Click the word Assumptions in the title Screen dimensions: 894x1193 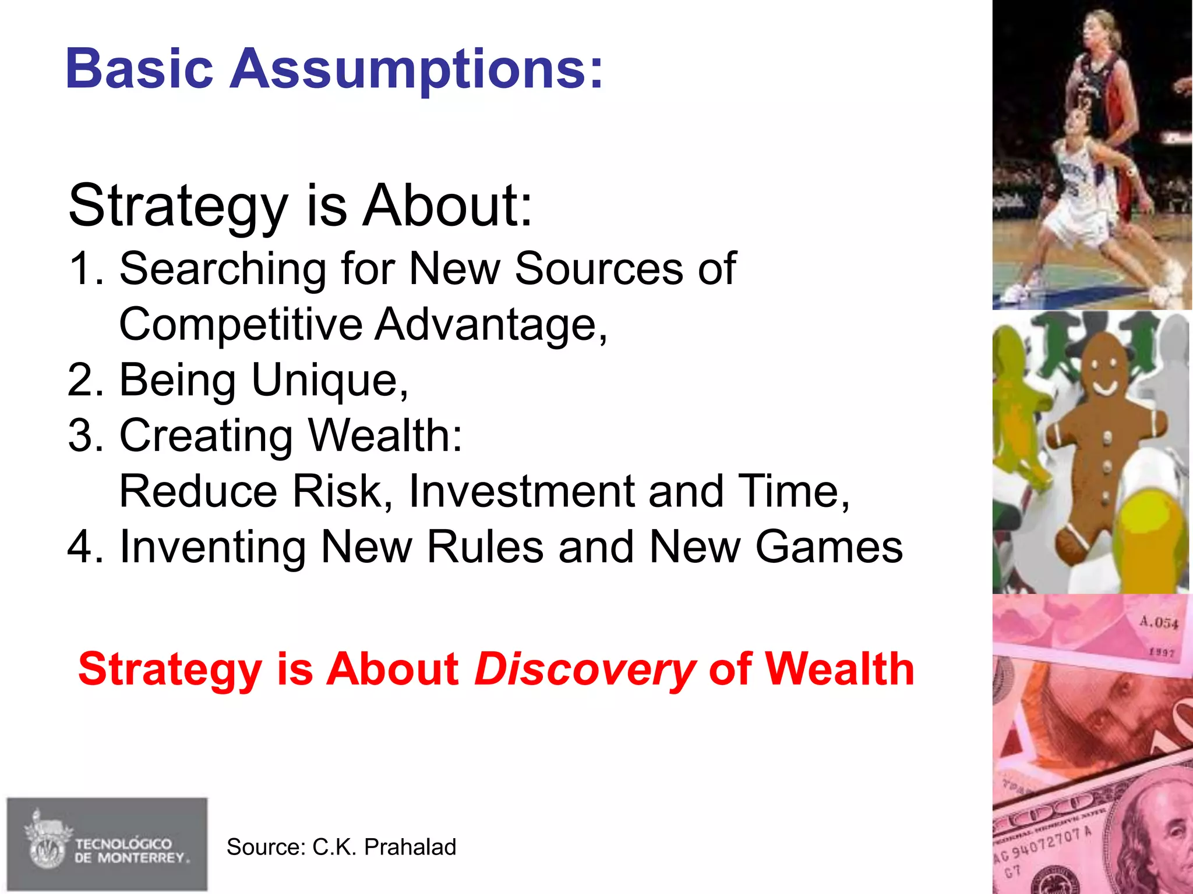[417, 70]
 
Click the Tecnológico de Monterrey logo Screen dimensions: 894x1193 [107, 844]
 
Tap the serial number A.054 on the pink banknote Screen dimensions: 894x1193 [1158, 623]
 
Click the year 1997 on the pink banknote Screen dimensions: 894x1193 [1161, 653]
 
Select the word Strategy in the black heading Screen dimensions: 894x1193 [178, 207]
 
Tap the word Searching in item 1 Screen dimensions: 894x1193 [223, 269]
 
